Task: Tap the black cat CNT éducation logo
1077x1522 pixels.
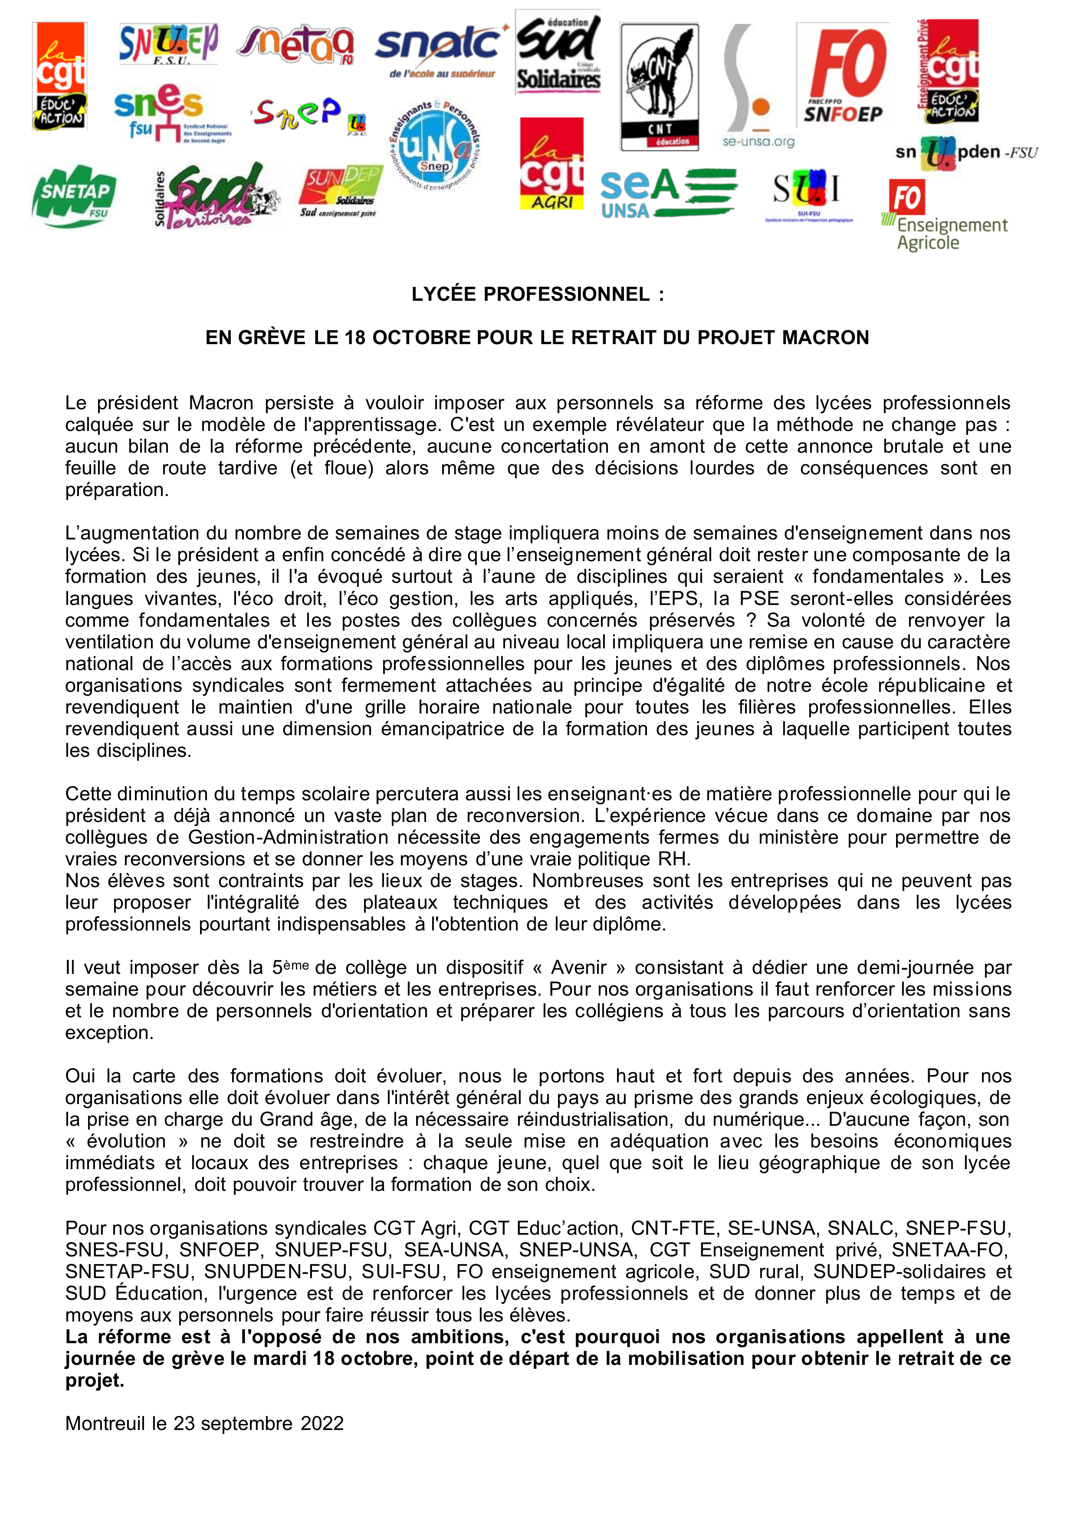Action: pos(659,87)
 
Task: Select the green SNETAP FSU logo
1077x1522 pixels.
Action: pos(74,196)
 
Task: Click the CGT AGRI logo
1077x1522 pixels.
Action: pos(551,164)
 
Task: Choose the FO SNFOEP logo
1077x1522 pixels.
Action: pos(843,75)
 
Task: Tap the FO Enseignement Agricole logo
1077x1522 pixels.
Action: pos(944,216)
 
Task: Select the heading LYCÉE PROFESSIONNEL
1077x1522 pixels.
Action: pos(537,294)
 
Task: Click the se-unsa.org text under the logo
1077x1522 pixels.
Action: pos(758,142)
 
